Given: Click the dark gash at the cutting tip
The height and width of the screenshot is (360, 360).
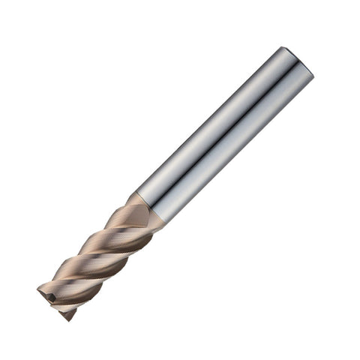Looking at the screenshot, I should point(51,297).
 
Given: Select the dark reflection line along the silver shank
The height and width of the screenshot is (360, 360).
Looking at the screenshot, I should point(225,127).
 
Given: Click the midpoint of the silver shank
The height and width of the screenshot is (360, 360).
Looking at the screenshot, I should point(221,131).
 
